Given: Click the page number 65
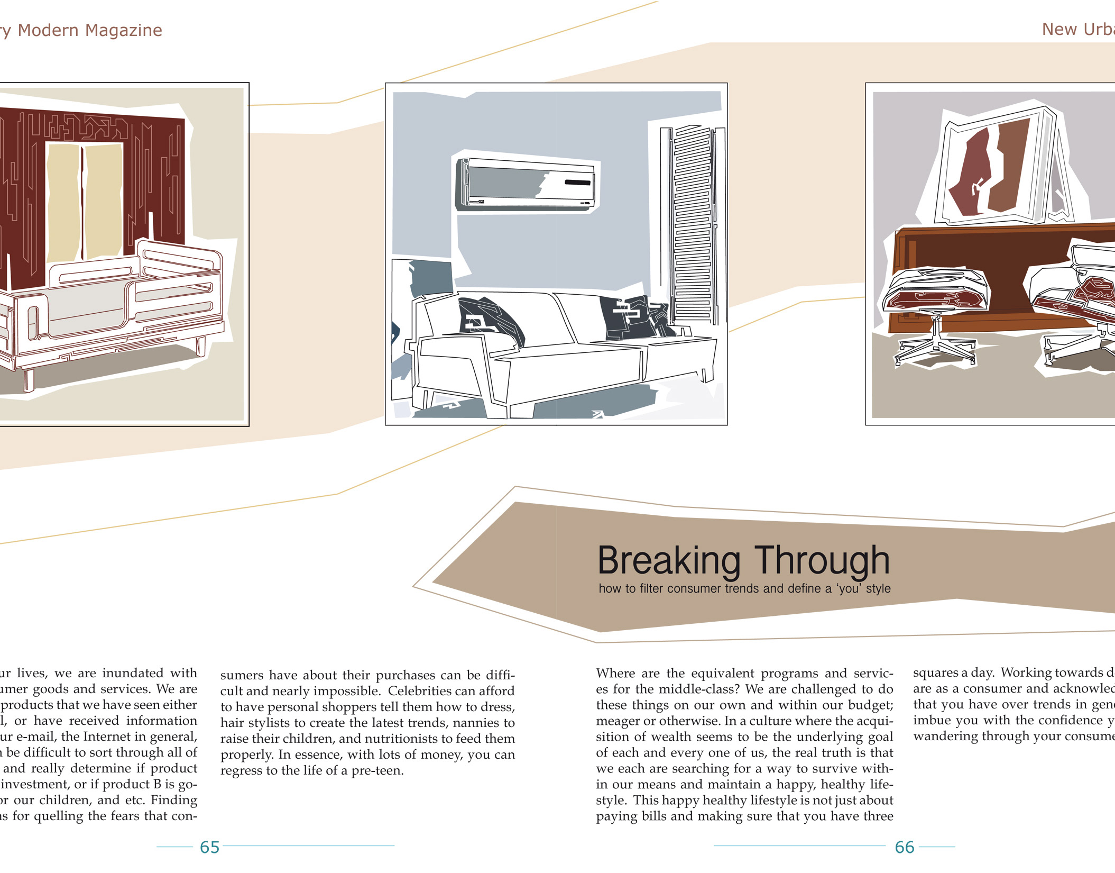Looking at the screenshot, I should coord(209,847).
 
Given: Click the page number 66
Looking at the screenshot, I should coord(905,847).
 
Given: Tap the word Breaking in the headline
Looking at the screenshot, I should coord(669,561).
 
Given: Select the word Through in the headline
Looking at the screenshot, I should coord(822,561).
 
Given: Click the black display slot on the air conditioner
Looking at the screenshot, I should coord(577,183).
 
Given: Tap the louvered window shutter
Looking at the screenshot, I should coord(693,225).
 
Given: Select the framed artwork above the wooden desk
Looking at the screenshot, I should coord(997,167).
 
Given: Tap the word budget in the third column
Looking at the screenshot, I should coord(870,705).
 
